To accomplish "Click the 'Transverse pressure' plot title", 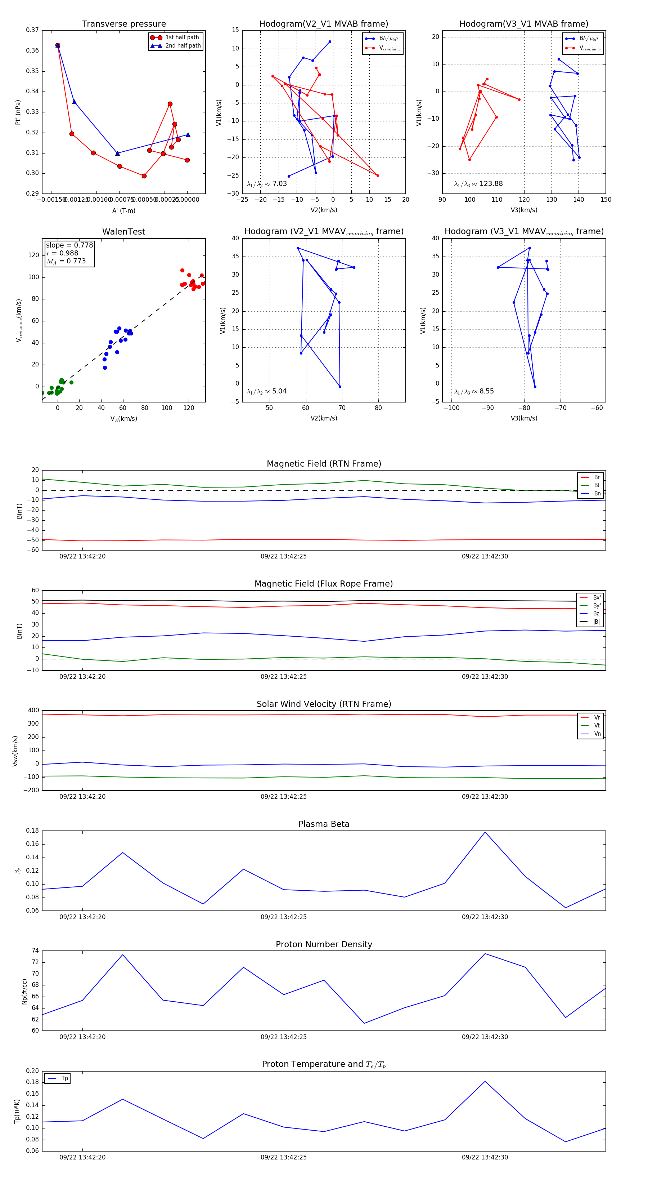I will point(123,24).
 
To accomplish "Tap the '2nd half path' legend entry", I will point(183,46).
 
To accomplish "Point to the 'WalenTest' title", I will point(123,232).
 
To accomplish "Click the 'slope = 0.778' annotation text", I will point(69,245).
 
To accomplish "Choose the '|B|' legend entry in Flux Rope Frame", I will point(596,622).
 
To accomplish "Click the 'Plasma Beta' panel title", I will point(324,824).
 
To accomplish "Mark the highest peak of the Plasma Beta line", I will point(485,832).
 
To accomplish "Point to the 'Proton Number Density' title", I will point(324,944).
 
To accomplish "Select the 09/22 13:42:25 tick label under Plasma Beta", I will point(283,917).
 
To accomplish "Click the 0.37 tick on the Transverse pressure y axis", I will point(32,30).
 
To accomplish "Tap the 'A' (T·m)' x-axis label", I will point(123,210).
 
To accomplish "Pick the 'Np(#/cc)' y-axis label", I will point(25,992).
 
